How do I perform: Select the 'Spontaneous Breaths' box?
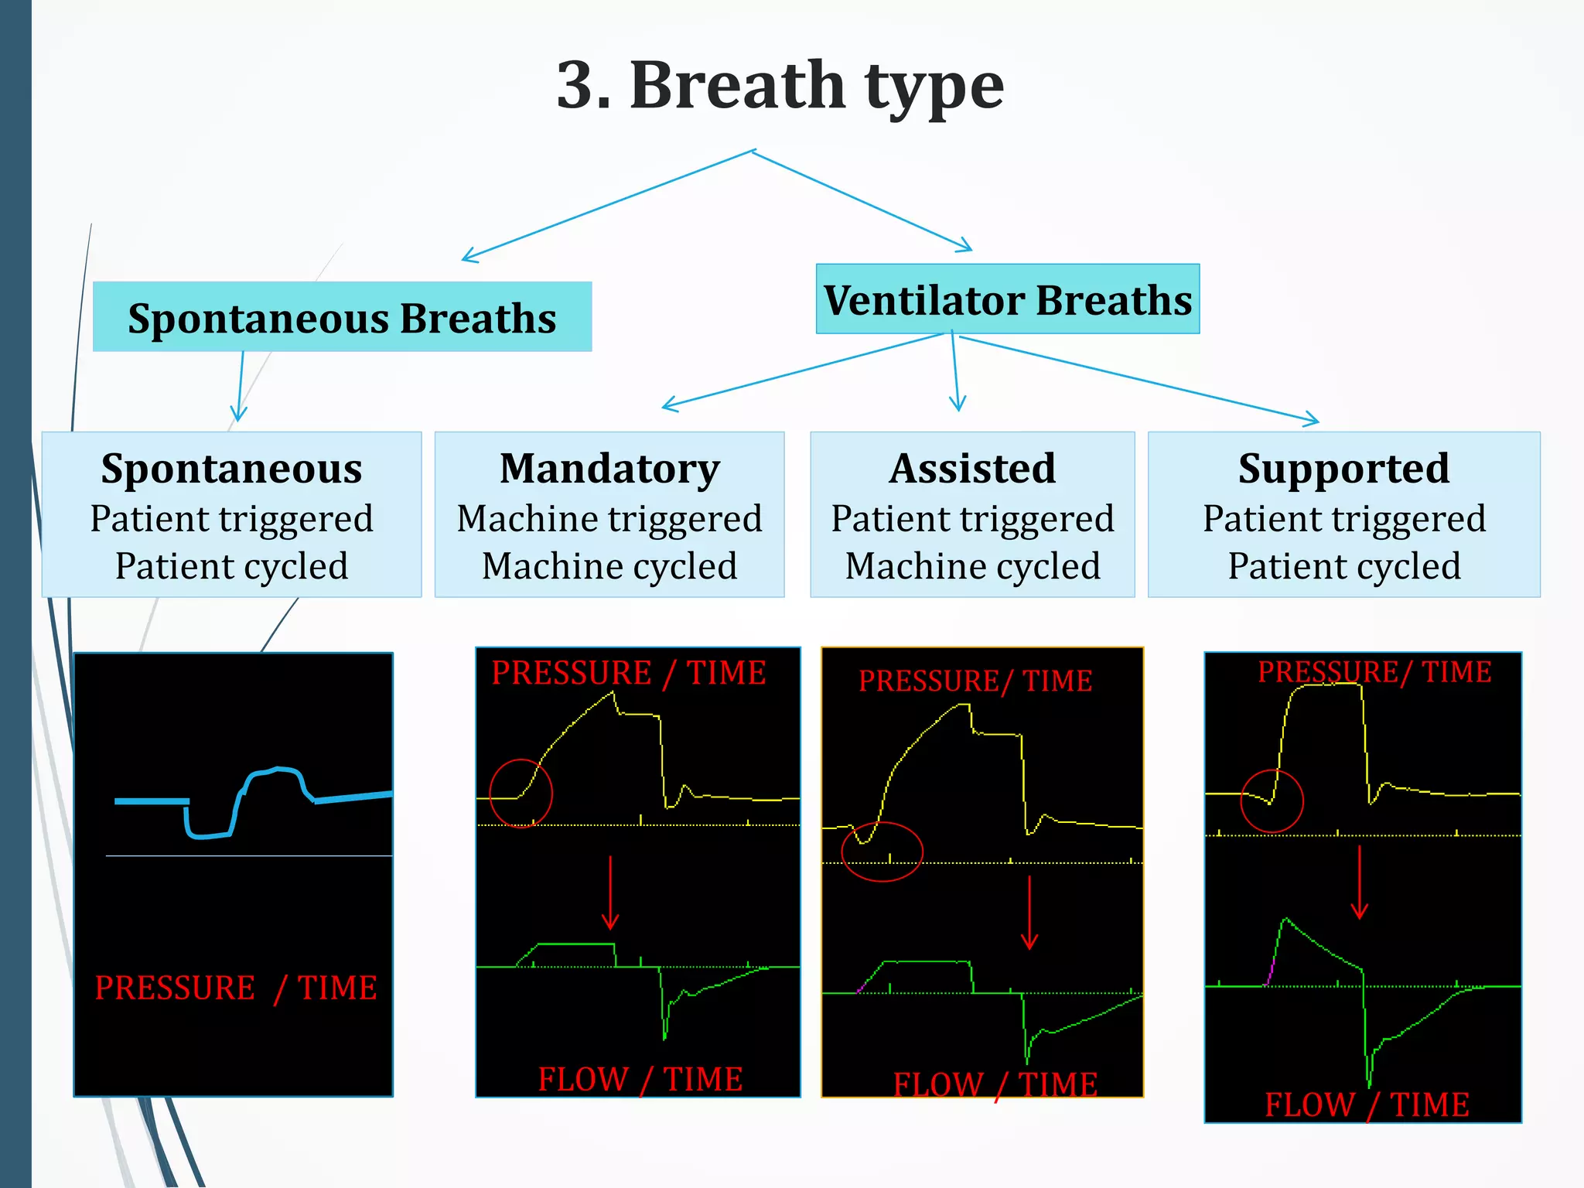click(342, 317)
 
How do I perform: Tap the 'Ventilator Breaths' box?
click(1007, 299)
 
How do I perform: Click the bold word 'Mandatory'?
click(609, 469)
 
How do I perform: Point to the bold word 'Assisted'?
click(972, 469)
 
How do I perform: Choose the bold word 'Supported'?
click(1343, 469)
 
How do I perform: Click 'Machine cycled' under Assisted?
click(972, 566)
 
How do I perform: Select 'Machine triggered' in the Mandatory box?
click(609, 518)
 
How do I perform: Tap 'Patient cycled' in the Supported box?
click(1343, 566)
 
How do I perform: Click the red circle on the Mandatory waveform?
click(521, 794)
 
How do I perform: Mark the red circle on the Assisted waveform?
click(882, 852)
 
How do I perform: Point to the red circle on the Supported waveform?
click(1272, 801)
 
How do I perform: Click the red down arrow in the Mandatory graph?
click(610, 893)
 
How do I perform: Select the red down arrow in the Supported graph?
click(1359, 882)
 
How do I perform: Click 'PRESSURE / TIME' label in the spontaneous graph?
click(236, 988)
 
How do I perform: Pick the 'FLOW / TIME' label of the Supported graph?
click(1367, 1104)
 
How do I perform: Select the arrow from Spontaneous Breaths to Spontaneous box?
click(241, 387)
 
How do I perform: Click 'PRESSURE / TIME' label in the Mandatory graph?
click(629, 673)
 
